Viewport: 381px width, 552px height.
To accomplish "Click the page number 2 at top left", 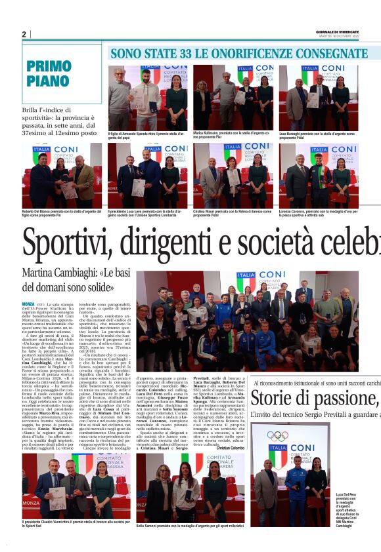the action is (24, 35).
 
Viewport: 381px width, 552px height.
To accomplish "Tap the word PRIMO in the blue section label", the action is (49, 66).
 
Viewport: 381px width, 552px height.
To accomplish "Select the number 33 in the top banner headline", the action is (181, 53).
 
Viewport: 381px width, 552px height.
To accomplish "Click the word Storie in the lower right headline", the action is (277, 398).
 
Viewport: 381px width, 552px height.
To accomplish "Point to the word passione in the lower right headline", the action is (335, 398).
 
